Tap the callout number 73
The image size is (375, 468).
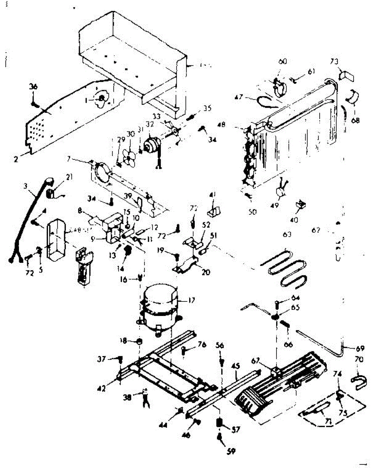(x=334, y=61)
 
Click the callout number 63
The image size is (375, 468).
(x=287, y=234)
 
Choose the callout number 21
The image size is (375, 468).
(x=69, y=177)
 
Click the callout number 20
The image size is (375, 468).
(x=206, y=272)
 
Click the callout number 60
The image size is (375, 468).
(x=283, y=62)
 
